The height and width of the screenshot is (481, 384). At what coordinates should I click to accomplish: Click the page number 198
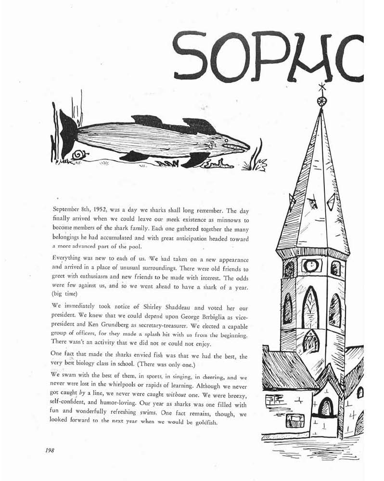[x=50, y=451]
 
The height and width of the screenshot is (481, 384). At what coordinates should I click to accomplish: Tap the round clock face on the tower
[x=309, y=265]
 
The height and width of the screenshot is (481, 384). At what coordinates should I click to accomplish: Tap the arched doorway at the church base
[x=326, y=407]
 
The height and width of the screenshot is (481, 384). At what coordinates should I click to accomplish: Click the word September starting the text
[x=68, y=211]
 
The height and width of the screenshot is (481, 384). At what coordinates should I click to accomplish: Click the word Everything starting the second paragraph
[x=68, y=257]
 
